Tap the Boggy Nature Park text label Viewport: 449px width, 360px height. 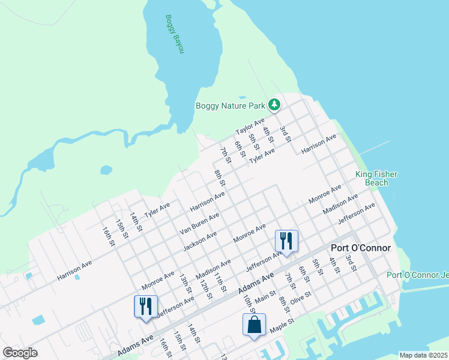(x=231, y=106)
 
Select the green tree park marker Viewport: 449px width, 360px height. (x=274, y=106)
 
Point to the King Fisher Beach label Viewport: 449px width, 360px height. (x=376, y=178)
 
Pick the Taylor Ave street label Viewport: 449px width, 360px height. (x=250, y=128)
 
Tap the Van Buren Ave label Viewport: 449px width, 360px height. (x=199, y=223)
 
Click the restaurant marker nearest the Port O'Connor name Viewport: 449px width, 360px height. (x=286, y=241)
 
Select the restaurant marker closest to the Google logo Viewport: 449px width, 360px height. (x=145, y=306)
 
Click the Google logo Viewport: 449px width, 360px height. (x=20, y=353)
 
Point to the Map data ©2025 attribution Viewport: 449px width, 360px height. (x=423, y=355)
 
